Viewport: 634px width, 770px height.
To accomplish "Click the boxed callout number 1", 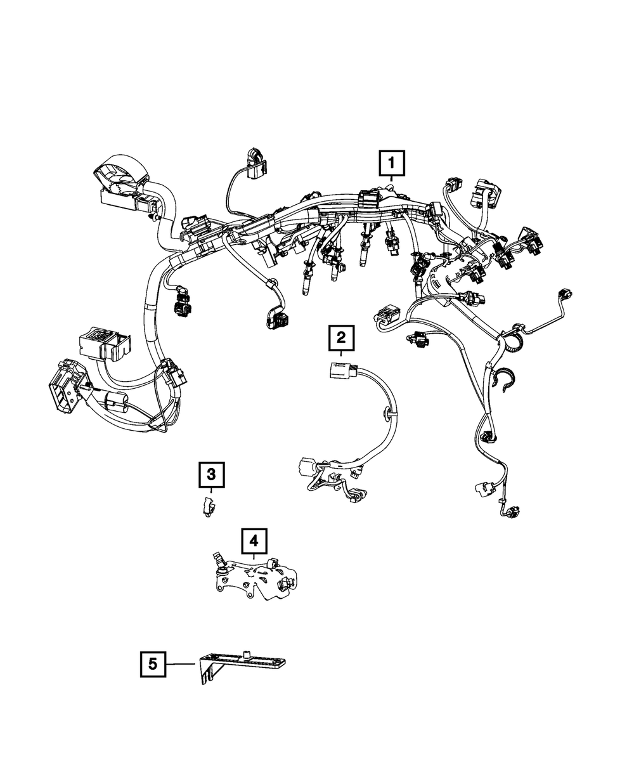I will point(392,164).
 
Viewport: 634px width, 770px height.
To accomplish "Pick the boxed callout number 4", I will point(254,540).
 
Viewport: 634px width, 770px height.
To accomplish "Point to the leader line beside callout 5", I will point(181,663).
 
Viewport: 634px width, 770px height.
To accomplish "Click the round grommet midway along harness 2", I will point(386,414).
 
